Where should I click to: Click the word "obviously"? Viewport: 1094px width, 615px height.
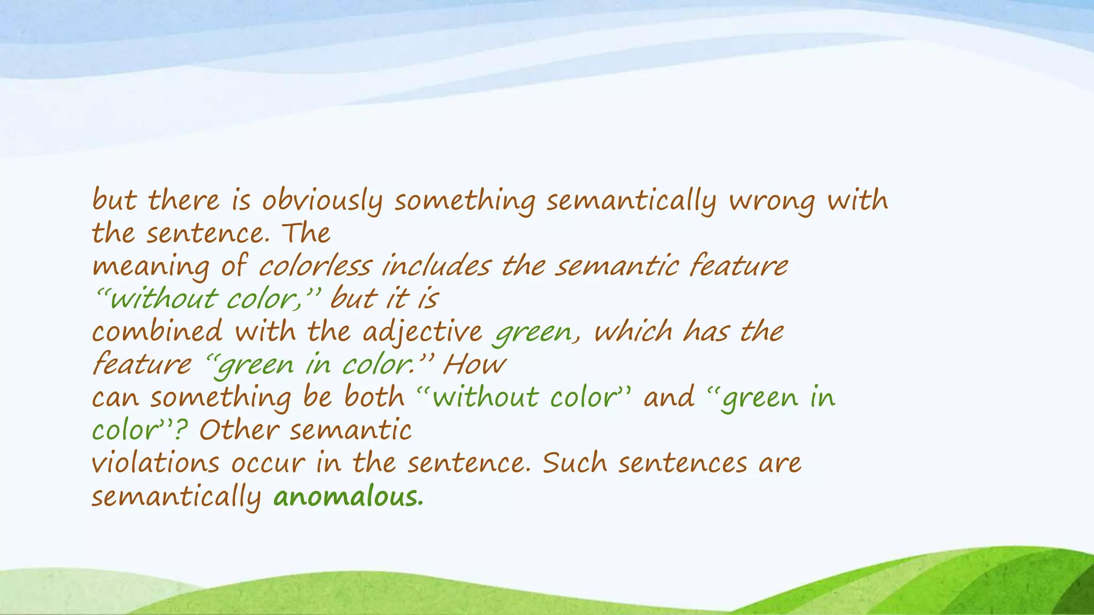[x=322, y=202]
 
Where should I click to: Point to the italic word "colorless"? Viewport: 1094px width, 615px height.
[x=315, y=266]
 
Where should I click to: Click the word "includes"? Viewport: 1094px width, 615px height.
[x=436, y=266]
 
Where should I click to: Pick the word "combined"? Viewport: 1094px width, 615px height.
[x=157, y=332]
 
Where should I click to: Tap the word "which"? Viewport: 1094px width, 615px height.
[x=633, y=332]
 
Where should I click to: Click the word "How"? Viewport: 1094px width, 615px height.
[x=474, y=365]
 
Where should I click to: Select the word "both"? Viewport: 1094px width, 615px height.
[x=374, y=397]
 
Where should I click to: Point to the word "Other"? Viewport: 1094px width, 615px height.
[x=239, y=430]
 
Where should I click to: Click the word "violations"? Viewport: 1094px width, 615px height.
[x=155, y=463]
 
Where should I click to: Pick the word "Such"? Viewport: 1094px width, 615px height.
[x=575, y=463]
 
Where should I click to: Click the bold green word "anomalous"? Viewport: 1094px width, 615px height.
[x=348, y=497]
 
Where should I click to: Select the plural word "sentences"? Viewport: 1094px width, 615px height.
[x=683, y=463]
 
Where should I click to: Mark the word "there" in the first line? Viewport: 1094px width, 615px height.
[x=183, y=201]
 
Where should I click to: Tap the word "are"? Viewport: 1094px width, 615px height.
[x=780, y=463]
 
